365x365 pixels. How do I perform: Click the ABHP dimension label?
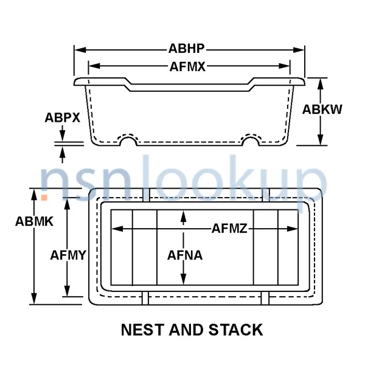pyautogui.click(x=187, y=49)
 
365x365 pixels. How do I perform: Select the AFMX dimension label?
pyautogui.click(x=187, y=67)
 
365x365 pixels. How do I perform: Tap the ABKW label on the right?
pyautogui.click(x=322, y=109)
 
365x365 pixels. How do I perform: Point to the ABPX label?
pyautogui.click(x=63, y=117)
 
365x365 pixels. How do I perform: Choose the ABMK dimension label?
pyautogui.click(x=35, y=221)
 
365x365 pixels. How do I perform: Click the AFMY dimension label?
pyautogui.click(x=68, y=255)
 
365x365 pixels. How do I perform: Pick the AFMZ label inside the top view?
pyautogui.click(x=229, y=228)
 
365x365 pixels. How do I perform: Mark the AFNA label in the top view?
pyautogui.click(x=185, y=255)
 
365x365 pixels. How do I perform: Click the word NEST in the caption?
pyautogui.click(x=142, y=330)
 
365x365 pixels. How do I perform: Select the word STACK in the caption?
pyautogui.click(x=235, y=330)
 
